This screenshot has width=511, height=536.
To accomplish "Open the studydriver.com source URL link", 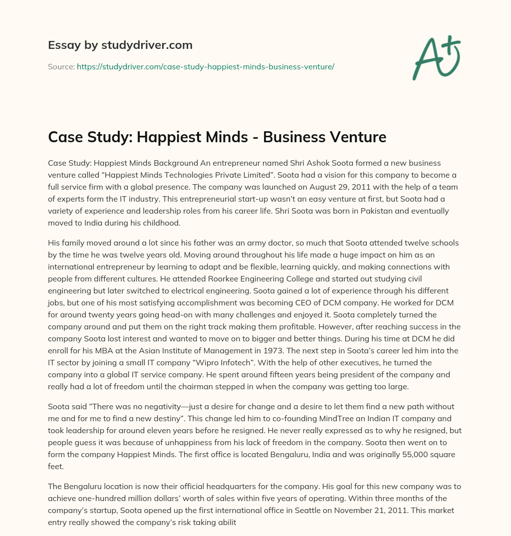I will point(205,66).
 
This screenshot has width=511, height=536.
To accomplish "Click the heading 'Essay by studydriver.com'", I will point(120,45).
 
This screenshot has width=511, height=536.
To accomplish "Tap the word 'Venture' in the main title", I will point(356,137).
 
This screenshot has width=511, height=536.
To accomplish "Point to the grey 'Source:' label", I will point(61,66).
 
